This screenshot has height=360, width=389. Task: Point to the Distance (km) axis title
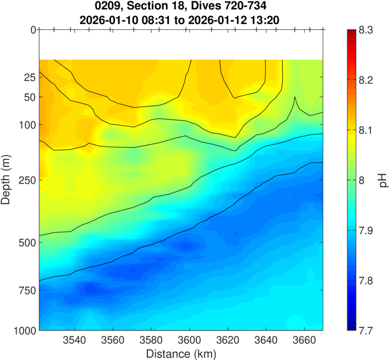pos(181,353)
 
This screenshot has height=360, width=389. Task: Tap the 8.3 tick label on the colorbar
pos(365,30)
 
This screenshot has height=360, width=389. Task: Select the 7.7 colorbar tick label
pos(365,330)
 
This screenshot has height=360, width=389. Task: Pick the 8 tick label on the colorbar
pos(361,180)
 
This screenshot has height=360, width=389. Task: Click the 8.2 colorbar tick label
pos(365,80)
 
